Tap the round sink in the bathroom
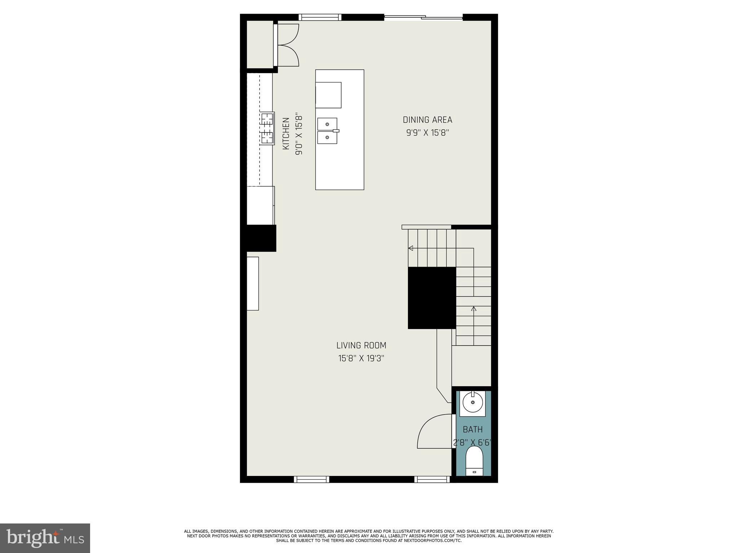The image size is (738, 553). pyautogui.click(x=472, y=403)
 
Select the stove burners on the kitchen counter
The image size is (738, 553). pyautogui.click(x=267, y=129)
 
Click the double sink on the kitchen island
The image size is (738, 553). pyautogui.click(x=327, y=131)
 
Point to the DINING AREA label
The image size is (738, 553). pyautogui.click(x=427, y=120)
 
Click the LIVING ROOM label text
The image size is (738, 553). pyautogui.click(x=361, y=346)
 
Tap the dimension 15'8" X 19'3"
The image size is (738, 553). pyautogui.click(x=361, y=359)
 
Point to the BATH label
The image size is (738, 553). pyautogui.click(x=472, y=430)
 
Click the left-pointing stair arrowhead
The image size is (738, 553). pyautogui.click(x=410, y=248)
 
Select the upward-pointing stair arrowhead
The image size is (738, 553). pyautogui.click(x=474, y=309)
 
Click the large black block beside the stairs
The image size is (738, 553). pyautogui.click(x=432, y=298)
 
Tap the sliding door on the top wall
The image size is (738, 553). pyautogui.click(x=423, y=17)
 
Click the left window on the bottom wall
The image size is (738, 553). pyautogui.click(x=312, y=479)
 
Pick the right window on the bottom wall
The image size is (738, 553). pyautogui.click(x=432, y=479)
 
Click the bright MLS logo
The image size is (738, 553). pyautogui.click(x=45, y=538)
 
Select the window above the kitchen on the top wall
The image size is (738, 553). pyautogui.click(x=320, y=17)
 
